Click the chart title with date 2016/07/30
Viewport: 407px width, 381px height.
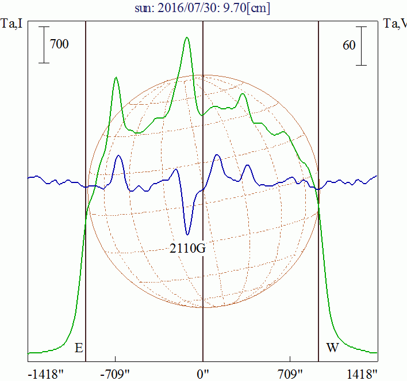tap(203, 9)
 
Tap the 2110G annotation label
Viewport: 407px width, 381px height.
tap(187, 249)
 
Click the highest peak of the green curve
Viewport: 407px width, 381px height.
tap(187, 38)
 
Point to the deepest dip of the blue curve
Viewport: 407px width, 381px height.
tap(187, 234)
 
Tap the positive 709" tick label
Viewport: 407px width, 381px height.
tap(290, 374)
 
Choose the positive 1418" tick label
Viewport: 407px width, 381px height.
tap(362, 374)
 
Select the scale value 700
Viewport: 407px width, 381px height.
tap(59, 44)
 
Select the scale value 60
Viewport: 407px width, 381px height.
tap(349, 45)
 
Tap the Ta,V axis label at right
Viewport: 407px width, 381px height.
tap(395, 24)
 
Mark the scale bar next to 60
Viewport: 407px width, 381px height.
tap(362, 45)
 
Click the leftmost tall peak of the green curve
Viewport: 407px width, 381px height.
tap(116, 78)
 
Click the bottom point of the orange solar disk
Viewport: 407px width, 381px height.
tap(203, 306)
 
